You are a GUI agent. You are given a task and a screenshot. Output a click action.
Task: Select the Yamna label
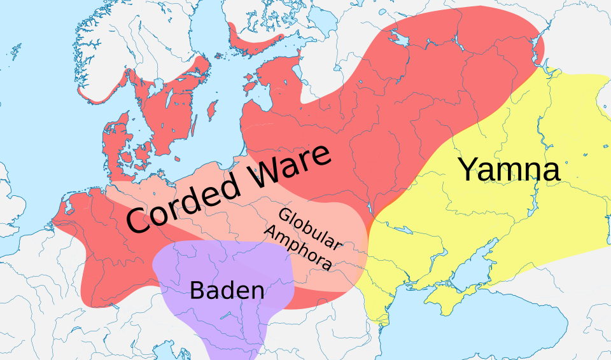pos(509,170)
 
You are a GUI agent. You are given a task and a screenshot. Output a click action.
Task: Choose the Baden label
pos(227,291)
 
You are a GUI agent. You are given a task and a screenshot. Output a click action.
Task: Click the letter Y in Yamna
pos(469,170)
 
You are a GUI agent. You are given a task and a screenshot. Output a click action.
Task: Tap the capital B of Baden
pos(198,291)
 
